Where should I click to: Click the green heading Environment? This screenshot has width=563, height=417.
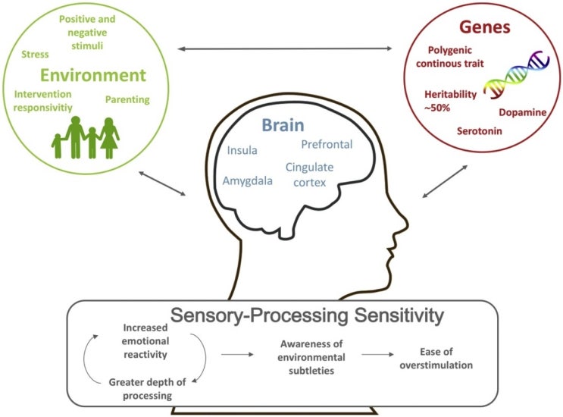click(93, 75)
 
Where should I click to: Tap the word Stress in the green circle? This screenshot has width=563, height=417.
click(35, 55)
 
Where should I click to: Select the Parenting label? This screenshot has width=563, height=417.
click(127, 99)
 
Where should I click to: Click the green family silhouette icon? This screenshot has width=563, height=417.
click(86, 137)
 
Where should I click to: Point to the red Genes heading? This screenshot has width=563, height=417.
click(485, 27)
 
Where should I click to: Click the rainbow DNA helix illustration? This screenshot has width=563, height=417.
click(517, 74)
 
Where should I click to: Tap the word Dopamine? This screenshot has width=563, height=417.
click(523, 112)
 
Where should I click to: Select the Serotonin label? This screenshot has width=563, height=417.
click(480, 130)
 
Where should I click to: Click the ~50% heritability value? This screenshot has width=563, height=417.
click(437, 108)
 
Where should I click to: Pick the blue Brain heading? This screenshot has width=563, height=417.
click(283, 125)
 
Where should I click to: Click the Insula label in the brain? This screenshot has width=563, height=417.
click(242, 150)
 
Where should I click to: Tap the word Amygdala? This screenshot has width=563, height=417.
click(247, 180)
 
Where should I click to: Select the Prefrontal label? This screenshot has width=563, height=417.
click(327, 144)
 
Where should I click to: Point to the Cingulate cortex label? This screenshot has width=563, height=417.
click(309, 174)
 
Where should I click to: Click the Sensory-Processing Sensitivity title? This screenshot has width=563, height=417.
click(307, 315)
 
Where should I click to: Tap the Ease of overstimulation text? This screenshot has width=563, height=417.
click(436, 358)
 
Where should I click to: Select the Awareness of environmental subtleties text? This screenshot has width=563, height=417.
click(311, 357)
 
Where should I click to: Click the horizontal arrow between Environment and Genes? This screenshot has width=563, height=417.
click(285, 49)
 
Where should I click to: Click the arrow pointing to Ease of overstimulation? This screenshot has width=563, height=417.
click(377, 355)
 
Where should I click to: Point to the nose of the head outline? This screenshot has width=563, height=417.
click(405, 224)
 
